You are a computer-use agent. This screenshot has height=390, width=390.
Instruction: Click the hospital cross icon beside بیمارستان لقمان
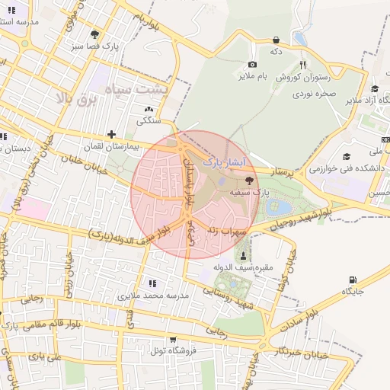coord(112,134)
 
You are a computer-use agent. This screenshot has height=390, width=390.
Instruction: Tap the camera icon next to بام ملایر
coord(252,65)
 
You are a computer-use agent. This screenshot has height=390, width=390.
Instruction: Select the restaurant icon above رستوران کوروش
coord(303,65)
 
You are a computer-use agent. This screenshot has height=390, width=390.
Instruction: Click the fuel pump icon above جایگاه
coord(352,280)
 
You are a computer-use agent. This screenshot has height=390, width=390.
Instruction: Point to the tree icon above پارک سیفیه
coord(250,179)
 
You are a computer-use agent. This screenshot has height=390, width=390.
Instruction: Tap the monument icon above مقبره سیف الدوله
coord(244,256)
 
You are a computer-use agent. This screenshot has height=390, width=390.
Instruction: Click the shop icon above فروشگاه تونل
coord(172,340)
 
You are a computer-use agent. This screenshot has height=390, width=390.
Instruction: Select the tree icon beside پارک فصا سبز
coord(94,34)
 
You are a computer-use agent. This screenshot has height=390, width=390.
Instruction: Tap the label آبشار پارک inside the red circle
coord(223,162)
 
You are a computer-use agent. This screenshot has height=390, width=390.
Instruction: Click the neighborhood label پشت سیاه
coord(142,90)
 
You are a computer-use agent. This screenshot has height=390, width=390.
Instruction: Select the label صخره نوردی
coord(313,96)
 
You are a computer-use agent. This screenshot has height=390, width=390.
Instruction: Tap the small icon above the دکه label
coord(275,40)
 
